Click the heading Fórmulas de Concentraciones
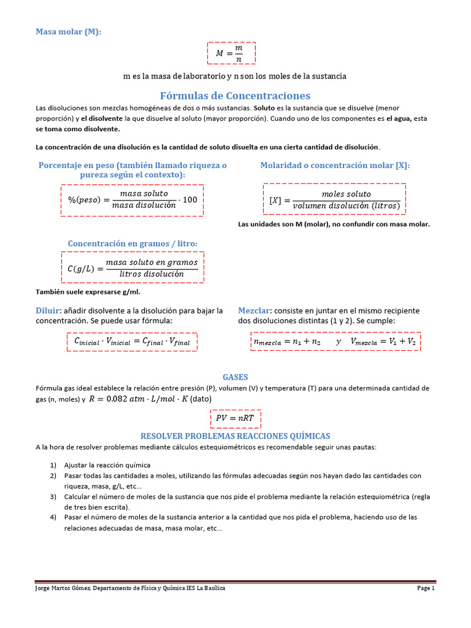235,96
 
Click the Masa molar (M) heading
68,32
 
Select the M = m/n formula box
231,53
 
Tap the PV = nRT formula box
235,418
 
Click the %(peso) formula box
132,200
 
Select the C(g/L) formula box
132,267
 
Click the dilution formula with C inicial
132,341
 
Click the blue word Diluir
48,310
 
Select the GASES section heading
235,377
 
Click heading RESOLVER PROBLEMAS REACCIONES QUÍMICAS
235,436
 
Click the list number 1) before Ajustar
54,465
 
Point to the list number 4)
54,518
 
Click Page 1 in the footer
426,588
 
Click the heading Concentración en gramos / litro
132,244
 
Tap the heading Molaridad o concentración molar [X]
335,166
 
